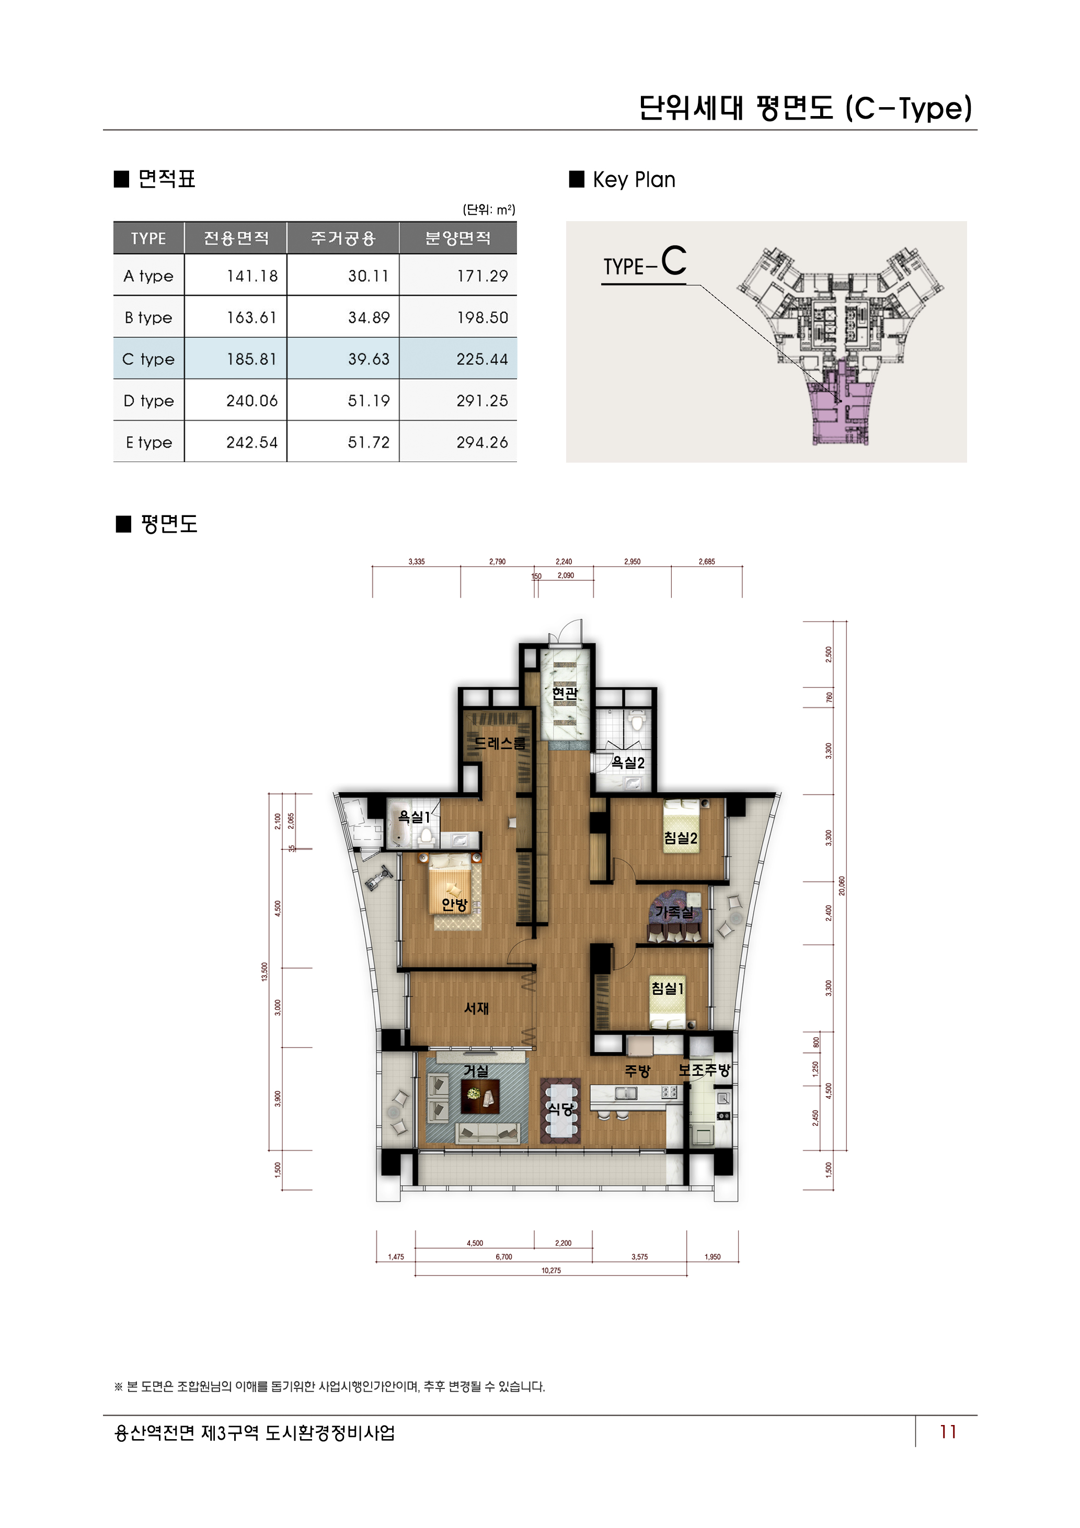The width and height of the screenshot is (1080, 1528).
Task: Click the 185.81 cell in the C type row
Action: pos(251,359)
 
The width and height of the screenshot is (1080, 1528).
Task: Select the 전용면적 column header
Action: pos(236,238)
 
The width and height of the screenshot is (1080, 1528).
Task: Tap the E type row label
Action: pos(148,443)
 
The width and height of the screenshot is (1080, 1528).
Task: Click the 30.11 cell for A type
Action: pos(368,276)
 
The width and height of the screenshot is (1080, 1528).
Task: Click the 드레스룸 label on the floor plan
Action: pos(499,743)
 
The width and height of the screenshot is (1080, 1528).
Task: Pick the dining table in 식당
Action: pos(560,1109)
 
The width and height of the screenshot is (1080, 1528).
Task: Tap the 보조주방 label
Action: pos(704,1070)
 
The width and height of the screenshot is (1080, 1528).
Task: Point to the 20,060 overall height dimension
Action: pos(842,886)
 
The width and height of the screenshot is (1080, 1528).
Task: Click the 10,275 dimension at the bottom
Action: pos(551,1270)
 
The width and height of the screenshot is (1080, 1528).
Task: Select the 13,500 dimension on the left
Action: pos(264,972)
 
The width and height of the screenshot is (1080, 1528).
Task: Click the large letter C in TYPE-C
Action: pos(673,261)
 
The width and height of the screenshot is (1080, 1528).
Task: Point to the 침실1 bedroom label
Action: pos(667,989)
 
